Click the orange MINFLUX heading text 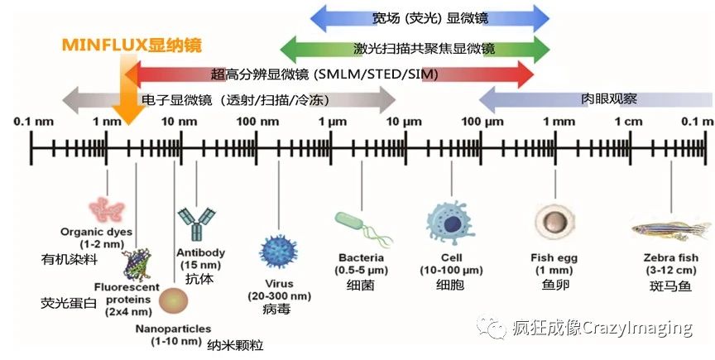[x=132, y=46]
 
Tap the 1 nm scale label [x=107, y=122]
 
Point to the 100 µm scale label [x=482, y=122]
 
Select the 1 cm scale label [x=628, y=122]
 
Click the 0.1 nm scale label [x=33, y=122]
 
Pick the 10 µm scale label [x=404, y=122]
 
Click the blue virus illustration [x=278, y=252]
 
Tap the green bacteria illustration [x=363, y=228]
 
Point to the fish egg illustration [x=554, y=222]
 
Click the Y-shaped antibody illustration [x=197, y=223]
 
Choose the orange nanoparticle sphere [x=173, y=301]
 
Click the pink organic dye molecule [x=107, y=210]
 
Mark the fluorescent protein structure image [x=137, y=265]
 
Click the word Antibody [x=200, y=252]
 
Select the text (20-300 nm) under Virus [x=280, y=296]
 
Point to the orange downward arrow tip [x=128, y=124]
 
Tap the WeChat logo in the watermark [x=491, y=326]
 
